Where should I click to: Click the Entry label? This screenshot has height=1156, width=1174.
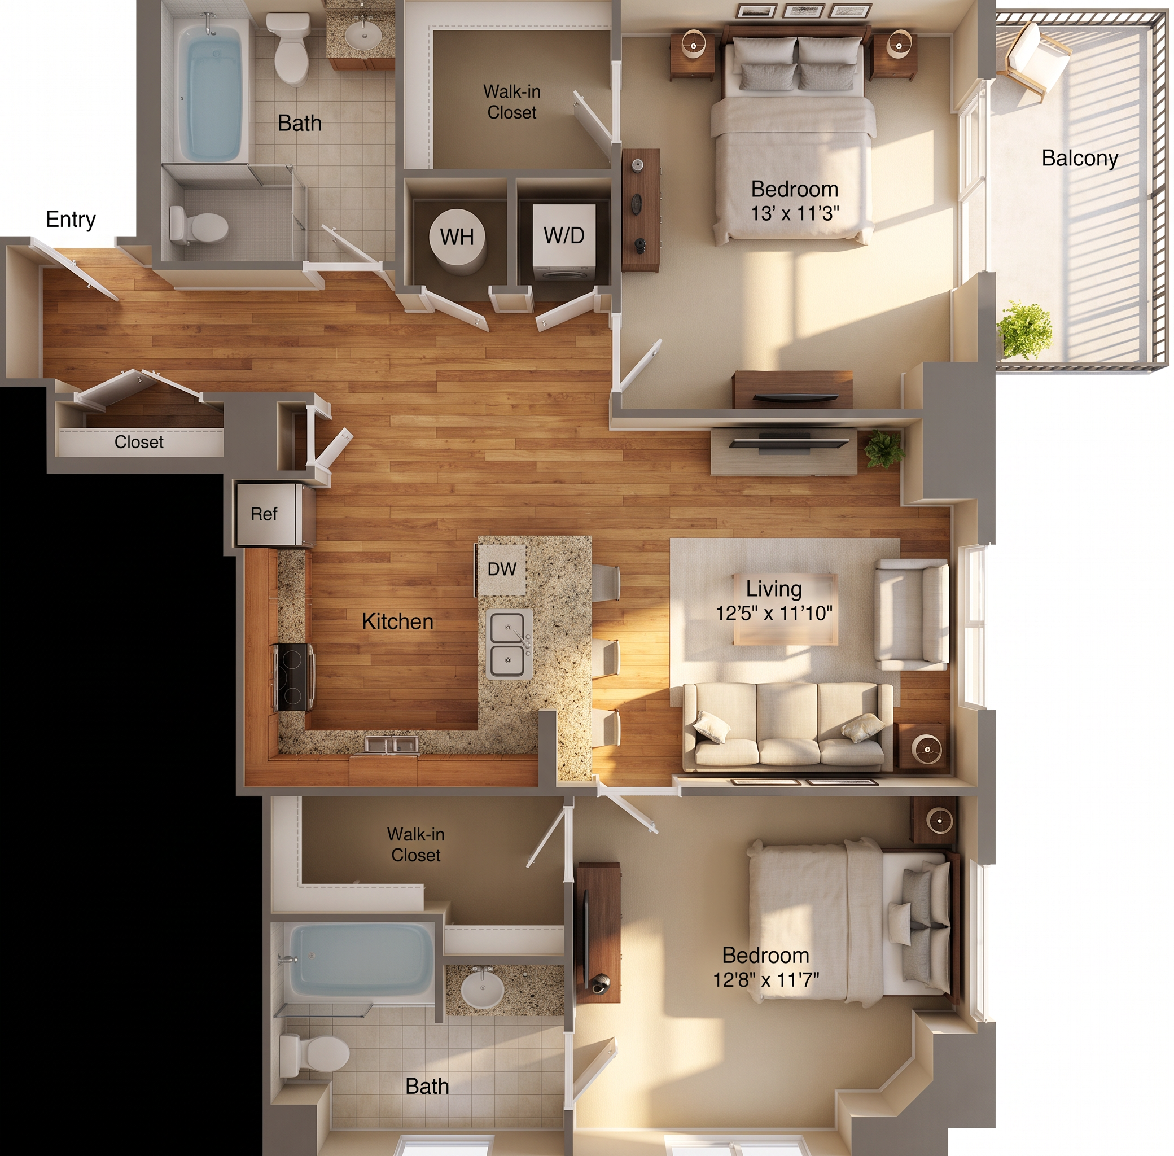point(71,219)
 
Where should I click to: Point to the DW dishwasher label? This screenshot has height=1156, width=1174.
point(501,569)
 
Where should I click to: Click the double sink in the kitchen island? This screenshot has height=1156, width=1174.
point(509,644)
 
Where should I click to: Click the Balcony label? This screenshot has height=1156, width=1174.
point(1079,158)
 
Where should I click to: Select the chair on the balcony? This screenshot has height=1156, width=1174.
point(1037,59)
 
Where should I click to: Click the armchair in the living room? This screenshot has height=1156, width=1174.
point(911,614)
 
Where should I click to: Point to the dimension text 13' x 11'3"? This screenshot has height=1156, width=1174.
point(795,214)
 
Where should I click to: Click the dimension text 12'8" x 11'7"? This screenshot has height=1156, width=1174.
point(765,979)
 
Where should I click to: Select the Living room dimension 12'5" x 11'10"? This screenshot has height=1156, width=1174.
point(774,613)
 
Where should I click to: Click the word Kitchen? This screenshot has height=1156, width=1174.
point(397,621)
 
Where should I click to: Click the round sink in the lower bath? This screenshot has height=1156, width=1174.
point(483,990)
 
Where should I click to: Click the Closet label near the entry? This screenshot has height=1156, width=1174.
point(139,442)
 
